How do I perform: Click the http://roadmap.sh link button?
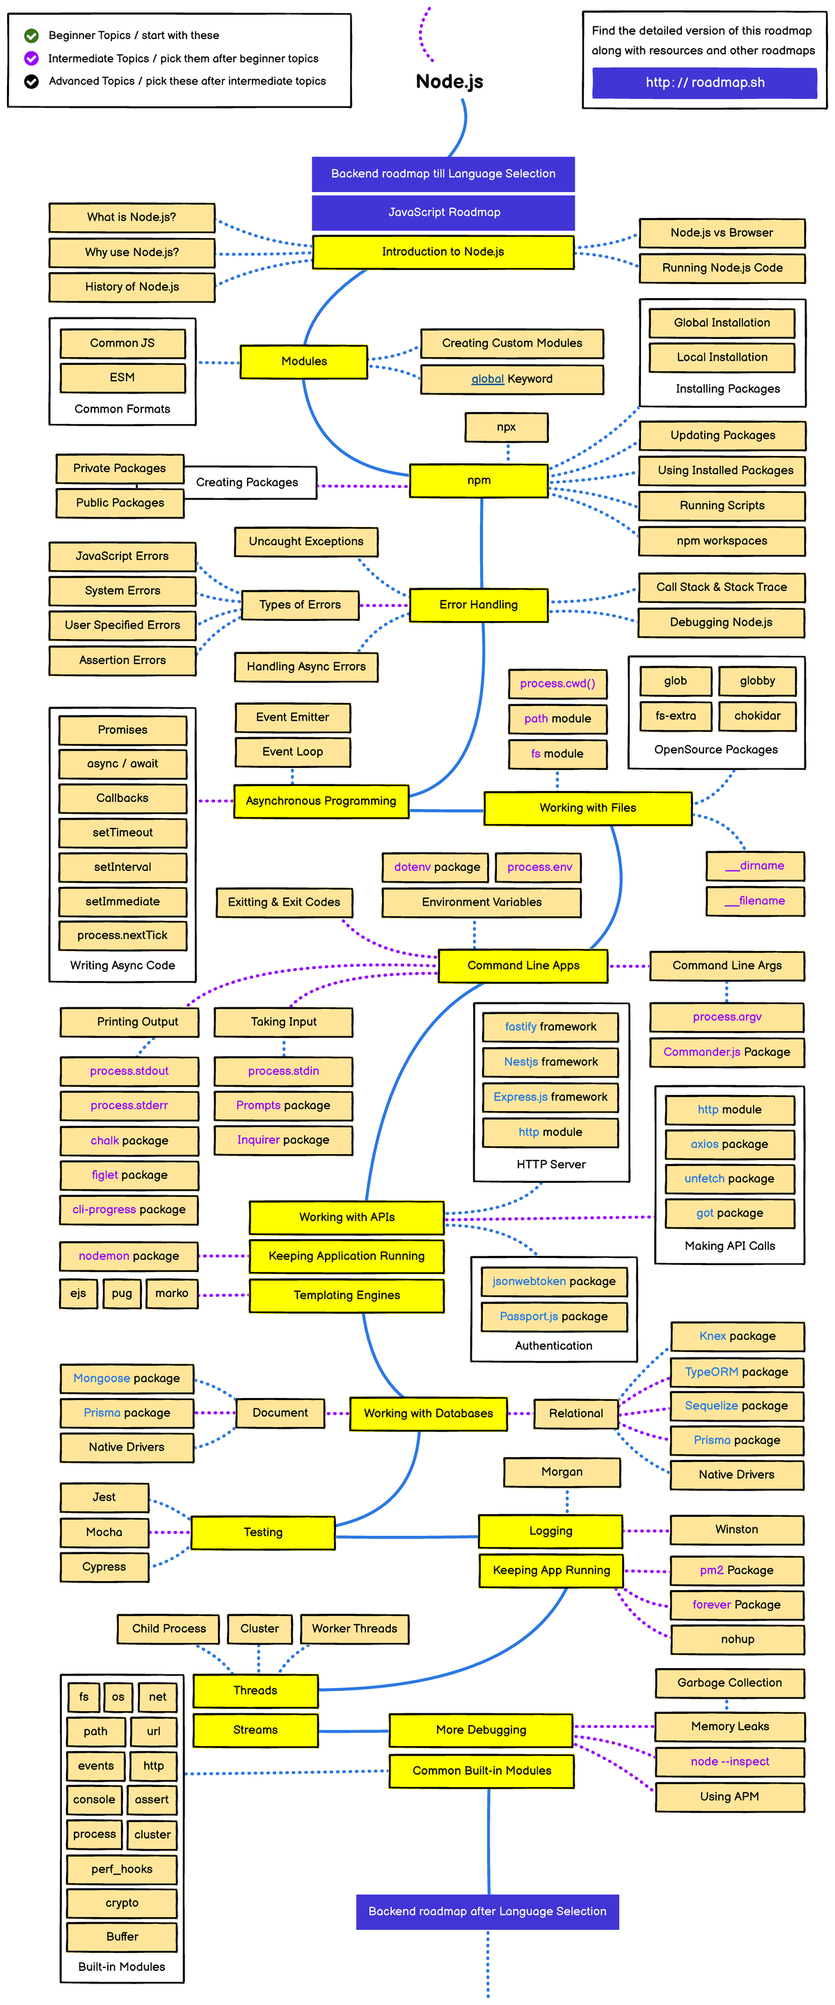point(704,83)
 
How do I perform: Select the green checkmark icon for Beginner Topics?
point(31,35)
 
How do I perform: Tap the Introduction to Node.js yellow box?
point(443,251)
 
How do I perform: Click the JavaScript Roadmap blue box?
point(443,212)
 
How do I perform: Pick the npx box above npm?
point(506,427)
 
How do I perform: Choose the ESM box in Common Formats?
point(122,377)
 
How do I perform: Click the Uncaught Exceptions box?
point(306,541)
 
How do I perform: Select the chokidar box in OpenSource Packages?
point(756,715)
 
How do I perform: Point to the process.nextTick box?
point(122,935)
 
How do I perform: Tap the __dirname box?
point(754,865)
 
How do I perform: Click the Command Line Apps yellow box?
point(523,965)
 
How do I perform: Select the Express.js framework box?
point(550,1096)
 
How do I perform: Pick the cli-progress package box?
point(129,1209)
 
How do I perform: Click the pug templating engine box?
point(121,1293)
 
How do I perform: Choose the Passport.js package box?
point(553,1316)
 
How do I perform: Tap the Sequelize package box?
point(736,1406)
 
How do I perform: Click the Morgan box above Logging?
point(561,1472)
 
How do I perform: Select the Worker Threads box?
point(354,1628)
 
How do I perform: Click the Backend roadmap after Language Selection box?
point(487,1911)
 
